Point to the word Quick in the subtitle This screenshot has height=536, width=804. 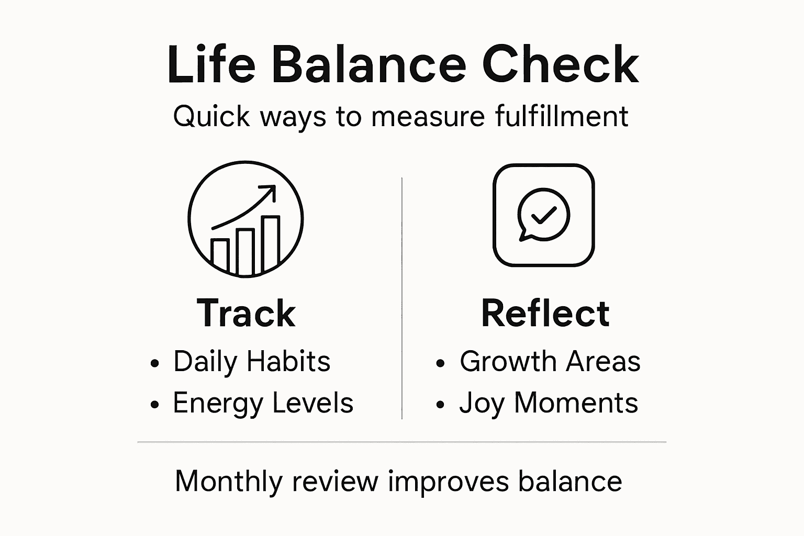point(212,116)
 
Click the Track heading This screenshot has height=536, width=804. point(246,313)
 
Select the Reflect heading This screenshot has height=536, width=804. point(545,313)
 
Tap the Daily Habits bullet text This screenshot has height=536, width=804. point(252,361)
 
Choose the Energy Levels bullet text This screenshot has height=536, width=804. point(263,403)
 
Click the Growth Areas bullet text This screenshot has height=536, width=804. point(550,361)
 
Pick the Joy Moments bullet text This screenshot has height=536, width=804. point(549,403)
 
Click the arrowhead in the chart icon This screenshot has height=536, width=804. point(270,190)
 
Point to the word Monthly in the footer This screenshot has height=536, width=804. point(228,481)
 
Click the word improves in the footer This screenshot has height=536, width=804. point(448,481)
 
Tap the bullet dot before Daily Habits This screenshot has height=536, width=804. point(154,363)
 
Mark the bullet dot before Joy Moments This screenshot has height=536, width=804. point(440,405)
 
